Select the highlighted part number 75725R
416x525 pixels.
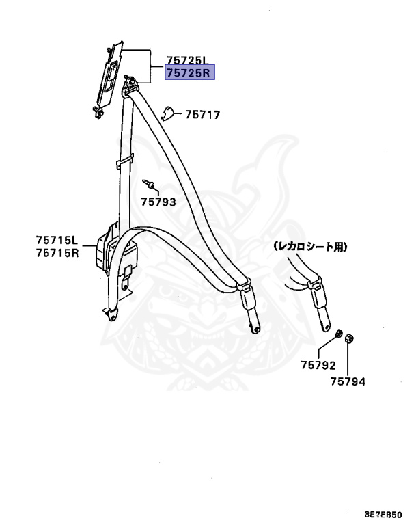tap(190, 72)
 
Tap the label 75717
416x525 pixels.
tap(203, 116)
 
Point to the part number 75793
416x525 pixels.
tap(158, 202)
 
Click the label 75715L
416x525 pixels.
tap(58, 241)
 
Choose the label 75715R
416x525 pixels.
tap(58, 253)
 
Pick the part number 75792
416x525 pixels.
tap(318, 366)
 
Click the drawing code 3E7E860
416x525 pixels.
tap(383, 513)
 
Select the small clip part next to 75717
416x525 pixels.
tap(169, 113)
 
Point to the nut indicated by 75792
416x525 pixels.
tap(338, 333)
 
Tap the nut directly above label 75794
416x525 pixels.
tap(348, 338)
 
